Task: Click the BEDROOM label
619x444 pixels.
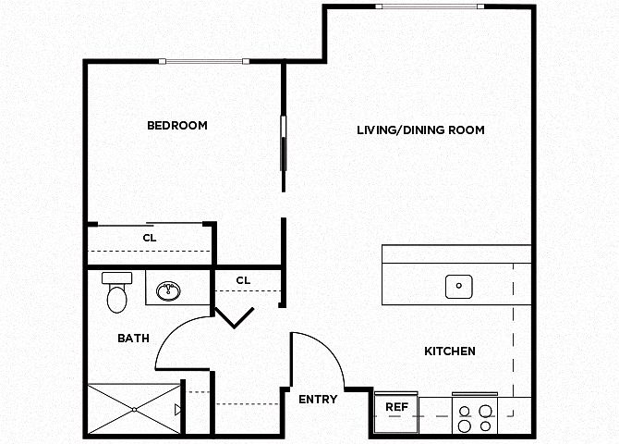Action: pyautogui.click(x=177, y=125)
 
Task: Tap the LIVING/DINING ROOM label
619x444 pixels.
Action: pyautogui.click(x=420, y=130)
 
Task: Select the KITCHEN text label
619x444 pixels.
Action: pyautogui.click(x=450, y=351)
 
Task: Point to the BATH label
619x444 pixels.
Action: pyautogui.click(x=133, y=339)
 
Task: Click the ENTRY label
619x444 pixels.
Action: pyautogui.click(x=318, y=400)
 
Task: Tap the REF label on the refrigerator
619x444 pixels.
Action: pyautogui.click(x=396, y=407)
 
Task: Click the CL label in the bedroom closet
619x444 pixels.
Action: pyautogui.click(x=150, y=238)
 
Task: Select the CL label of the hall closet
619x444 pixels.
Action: pyautogui.click(x=243, y=280)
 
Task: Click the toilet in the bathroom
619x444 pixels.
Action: pyautogui.click(x=116, y=292)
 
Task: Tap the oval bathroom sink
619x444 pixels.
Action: pyautogui.click(x=168, y=291)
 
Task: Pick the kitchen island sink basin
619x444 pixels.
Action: pyautogui.click(x=459, y=286)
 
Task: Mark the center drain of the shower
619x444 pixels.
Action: pyautogui.click(x=135, y=409)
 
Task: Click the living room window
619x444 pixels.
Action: pyautogui.click(x=430, y=6)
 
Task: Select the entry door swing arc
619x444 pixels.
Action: pyautogui.click(x=332, y=349)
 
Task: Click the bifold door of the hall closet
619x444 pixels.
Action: pyautogui.click(x=234, y=317)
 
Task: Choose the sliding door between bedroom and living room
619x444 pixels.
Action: pyautogui.click(x=283, y=143)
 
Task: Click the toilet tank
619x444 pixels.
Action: pyautogui.click(x=116, y=277)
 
